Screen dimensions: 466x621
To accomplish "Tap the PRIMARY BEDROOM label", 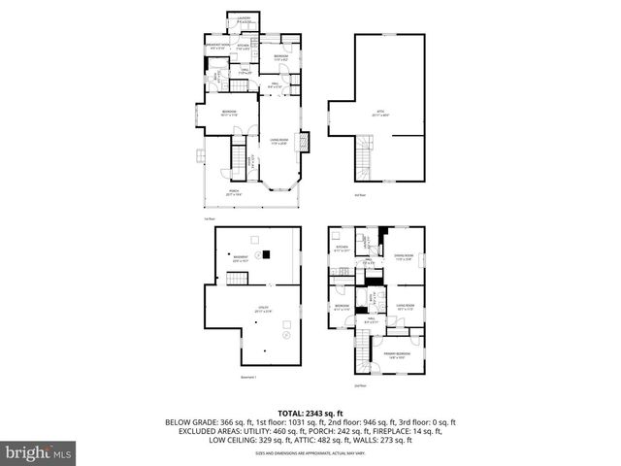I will [395, 354].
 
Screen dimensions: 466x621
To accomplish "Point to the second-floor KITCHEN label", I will [342, 250].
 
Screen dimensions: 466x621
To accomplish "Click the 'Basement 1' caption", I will [247, 377].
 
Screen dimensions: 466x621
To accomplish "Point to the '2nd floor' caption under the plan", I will [360, 385].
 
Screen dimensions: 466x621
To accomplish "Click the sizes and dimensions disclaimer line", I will [310, 452].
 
